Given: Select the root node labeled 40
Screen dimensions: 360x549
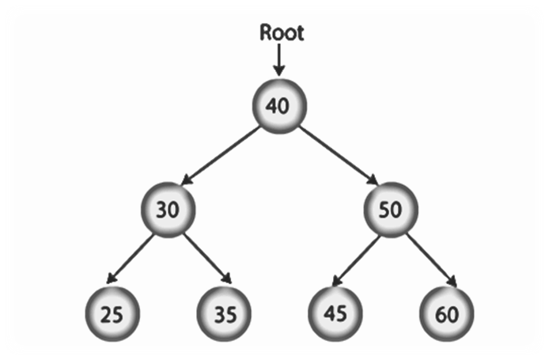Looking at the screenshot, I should (x=278, y=105).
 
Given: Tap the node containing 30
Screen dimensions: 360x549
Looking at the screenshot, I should (x=167, y=210).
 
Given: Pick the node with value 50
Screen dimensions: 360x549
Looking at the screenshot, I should (x=389, y=210).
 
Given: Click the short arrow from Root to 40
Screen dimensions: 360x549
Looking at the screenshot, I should (x=278, y=62).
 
